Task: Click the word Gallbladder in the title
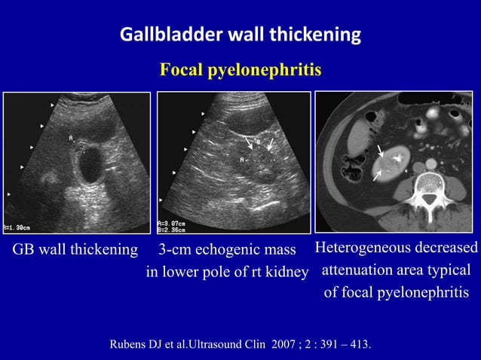pos(163,35)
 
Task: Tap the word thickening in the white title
pos(314,35)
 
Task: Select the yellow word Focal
pos(182,71)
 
